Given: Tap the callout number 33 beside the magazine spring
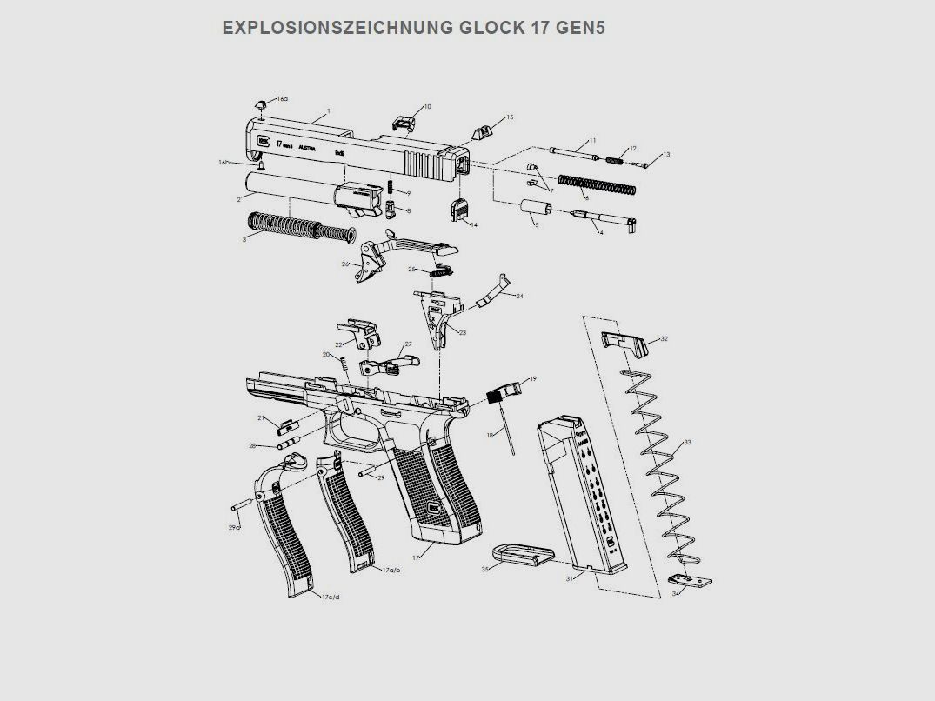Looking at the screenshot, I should coord(687,443).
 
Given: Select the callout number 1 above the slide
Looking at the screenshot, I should coord(328,111).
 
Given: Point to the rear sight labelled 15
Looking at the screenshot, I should coord(483,131).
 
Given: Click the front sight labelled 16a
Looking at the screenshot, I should coord(260,104).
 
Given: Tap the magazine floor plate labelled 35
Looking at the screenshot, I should coord(522,554).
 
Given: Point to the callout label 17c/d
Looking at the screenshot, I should coord(331,598).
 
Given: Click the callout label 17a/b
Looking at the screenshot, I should coord(391,570).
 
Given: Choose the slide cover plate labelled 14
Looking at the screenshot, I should coord(460,211).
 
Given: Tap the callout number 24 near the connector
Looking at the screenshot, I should coord(519,297).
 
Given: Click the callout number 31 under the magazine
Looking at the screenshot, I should coord(570,578).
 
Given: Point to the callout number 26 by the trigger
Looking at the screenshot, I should coord(345,264).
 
